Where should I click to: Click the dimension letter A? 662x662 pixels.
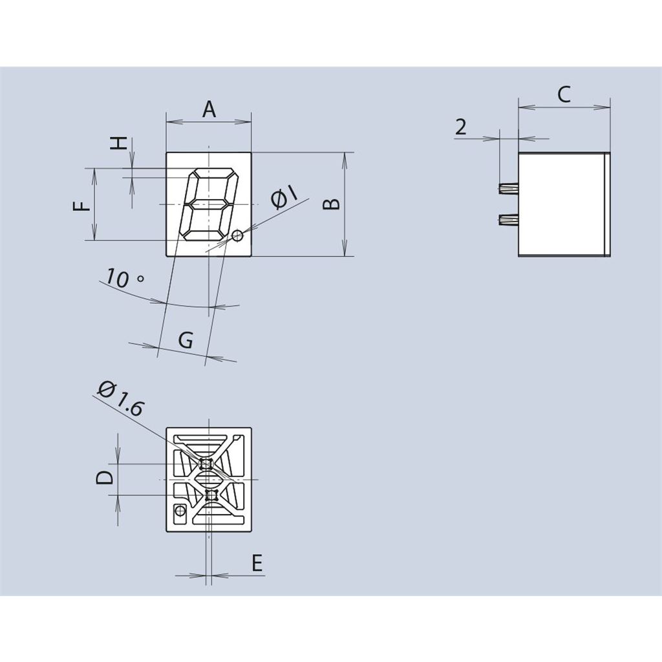tap(209, 110)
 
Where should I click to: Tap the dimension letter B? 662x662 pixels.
tap(332, 204)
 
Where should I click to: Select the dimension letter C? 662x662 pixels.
tap(564, 94)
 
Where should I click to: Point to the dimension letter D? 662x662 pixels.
tap(105, 478)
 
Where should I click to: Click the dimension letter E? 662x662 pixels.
tap(257, 563)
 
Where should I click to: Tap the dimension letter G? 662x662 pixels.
tap(186, 339)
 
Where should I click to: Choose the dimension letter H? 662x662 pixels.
tap(119, 143)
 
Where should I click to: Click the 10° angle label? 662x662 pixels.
tap(124, 279)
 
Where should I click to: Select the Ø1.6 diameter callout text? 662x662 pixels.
tap(121, 398)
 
